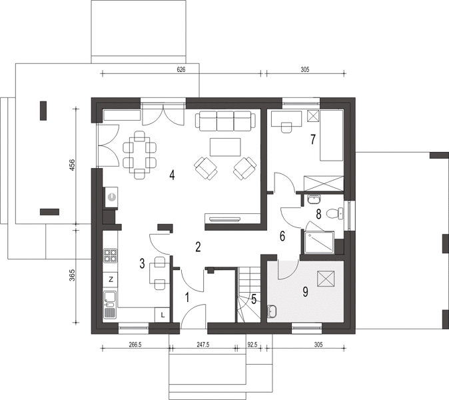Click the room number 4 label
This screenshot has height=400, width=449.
pyautogui.click(x=172, y=175)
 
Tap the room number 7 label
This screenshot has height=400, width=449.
pyautogui.click(x=313, y=139)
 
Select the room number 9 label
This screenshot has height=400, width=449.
pyautogui.click(x=305, y=292)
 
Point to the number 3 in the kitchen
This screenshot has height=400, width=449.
pyautogui.click(x=143, y=263)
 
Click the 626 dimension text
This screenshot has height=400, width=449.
pyautogui.click(x=181, y=69)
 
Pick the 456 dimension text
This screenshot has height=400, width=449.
pyautogui.click(x=72, y=165)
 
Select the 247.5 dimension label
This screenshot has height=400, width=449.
pyautogui.click(x=203, y=345)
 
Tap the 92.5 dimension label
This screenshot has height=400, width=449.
pyautogui.click(x=252, y=345)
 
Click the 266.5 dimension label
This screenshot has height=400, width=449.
pyautogui.click(x=135, y=345)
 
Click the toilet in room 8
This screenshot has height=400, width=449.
pyautogui.click(x=335, y=213)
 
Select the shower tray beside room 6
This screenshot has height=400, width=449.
pyautogui.click(x=319, y=243)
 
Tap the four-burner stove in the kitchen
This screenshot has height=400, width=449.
pyautogui.click(x=110, y=255)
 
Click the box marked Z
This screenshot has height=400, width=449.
pyautogui.click(x=110, y=279)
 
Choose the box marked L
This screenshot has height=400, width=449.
pyautogui.click(x=162, y=315)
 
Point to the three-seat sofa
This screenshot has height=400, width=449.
pyautogui.click(x=225, y=121)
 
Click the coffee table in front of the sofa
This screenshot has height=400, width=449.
pyautogui.click(x=225, y=147)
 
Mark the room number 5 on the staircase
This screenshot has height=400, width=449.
pyautogui.click(x=254, y=299)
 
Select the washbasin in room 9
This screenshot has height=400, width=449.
pyautogui.click(x=272, y=311)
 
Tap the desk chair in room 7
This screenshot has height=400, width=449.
pyautogui.click(x=286, y=127)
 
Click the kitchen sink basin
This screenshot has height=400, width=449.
pyautogui.click(x=110, y=296)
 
